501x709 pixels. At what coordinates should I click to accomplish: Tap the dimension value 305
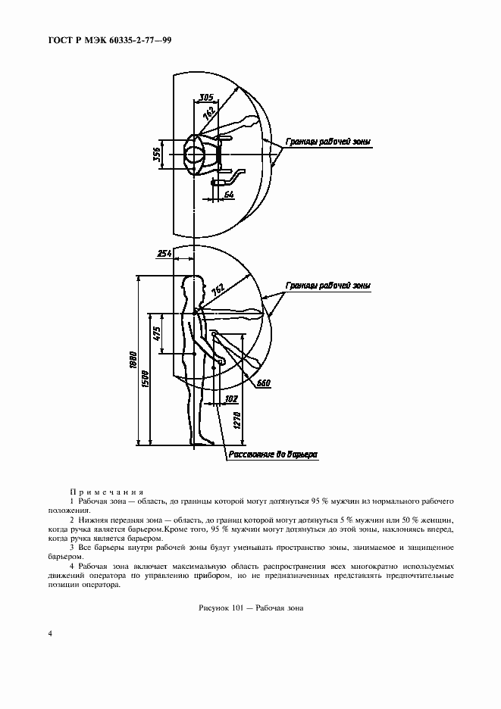pos(205,97)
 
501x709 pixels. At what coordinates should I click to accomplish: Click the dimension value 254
pos(162,255)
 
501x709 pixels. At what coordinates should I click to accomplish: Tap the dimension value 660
pos(265,383)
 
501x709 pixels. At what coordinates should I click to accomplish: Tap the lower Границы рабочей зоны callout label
pos(328,286)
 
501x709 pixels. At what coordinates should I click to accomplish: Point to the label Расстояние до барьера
pos(271,455)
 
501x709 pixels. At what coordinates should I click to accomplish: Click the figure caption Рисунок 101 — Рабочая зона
pos(249,607)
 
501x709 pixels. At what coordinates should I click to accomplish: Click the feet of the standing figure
pos(207,440)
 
